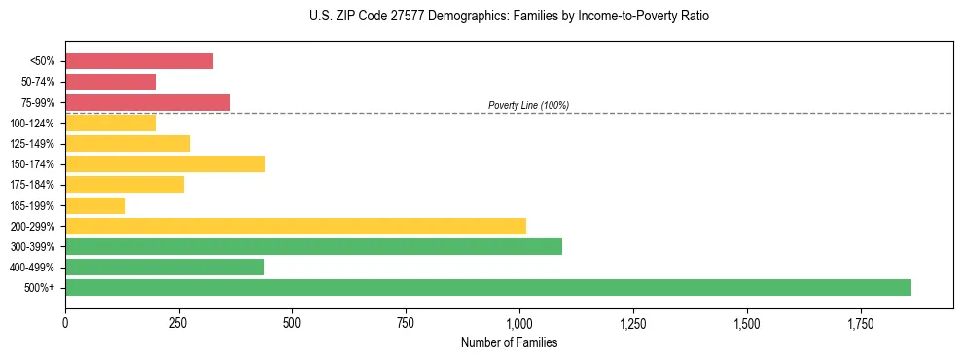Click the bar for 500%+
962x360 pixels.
pyautogui.click(x=487, y=287)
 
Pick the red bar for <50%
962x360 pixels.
pyautogui.click(x=139, y=60)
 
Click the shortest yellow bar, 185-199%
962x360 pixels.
pyautogui.click(x=95, y=205)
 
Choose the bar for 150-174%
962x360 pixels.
pyautogui.click(x=164, y=163)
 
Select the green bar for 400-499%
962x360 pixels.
pyautogui.click(x=164, y=267)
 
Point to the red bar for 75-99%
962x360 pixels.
pyautogui.click(x=147, y=102)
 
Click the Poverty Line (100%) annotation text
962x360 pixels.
pyautogui.click(x=528, y=105)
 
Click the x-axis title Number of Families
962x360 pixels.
pyautogui.click(x=510, y=343)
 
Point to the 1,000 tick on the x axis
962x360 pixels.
pyautogui.click(x=519, y=321)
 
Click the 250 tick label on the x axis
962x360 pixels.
pyautogui.click(x=178, y=321)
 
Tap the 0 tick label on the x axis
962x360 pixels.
pyautogui.click(x=65, y=321)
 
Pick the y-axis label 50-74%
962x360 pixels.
pyautogui.click(x=38, y=82)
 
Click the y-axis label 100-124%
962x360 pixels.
pyautogui.click(x=34, y=124)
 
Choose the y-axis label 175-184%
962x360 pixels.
pyautogui.click(x=34, y=185)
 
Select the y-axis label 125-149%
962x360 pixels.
pyautogui.click(x=34, y=144)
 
